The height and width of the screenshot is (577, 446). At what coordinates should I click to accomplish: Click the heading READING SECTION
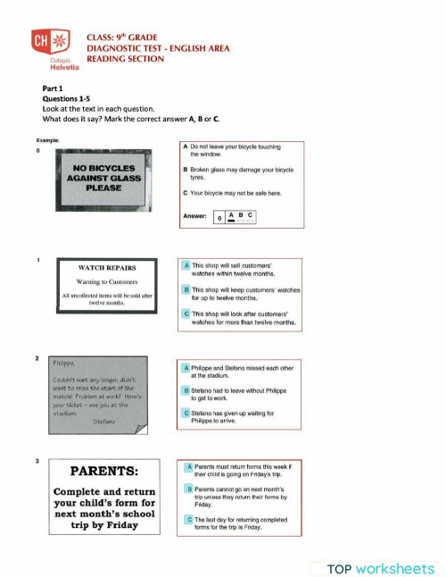pos(125,59)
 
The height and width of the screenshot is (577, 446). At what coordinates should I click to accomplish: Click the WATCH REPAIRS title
pos(104,266)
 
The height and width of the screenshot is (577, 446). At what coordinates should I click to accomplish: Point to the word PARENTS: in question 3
pos(104,472)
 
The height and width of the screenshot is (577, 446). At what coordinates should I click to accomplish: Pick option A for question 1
pos(186,265)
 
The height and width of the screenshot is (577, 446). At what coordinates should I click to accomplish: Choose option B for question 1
pos(186,290)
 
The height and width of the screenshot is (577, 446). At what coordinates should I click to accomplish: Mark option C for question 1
pos(186,314)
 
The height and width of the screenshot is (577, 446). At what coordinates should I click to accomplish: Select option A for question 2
pos(186,367)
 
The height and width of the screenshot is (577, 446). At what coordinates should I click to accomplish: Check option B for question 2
pos(186,390)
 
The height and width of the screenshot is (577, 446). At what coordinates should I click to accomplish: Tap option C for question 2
pos(186,414)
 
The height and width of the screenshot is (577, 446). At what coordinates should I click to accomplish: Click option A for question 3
pos(189,466)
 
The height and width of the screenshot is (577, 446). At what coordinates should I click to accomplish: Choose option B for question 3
pos(189,489)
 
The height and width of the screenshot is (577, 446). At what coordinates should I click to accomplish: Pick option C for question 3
pos(189,519)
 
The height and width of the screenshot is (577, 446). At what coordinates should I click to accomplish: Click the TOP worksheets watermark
pos(380,567)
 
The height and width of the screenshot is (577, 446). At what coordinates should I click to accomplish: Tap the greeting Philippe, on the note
pos(62,363)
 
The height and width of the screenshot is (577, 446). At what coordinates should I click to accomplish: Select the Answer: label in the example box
pos(194,215)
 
